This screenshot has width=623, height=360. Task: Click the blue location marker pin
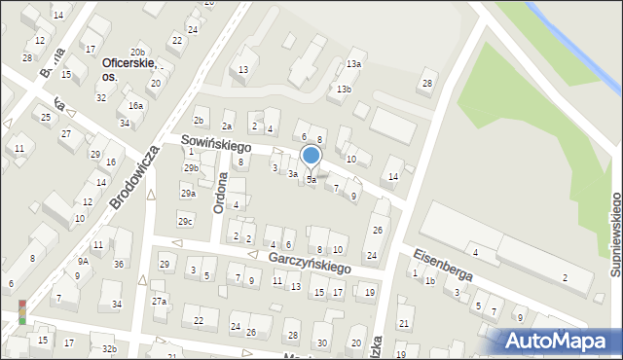311,157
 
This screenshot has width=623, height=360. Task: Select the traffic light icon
21,311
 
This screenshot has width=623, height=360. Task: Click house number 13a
353,64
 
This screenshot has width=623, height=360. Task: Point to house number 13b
343,89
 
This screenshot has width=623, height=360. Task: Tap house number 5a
311,180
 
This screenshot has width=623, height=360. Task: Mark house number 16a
135,105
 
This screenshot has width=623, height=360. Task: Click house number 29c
184,222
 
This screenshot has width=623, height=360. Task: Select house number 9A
84,261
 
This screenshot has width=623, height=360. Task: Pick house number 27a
159,302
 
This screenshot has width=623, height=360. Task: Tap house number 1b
429,280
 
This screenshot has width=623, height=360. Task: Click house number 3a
292,174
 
